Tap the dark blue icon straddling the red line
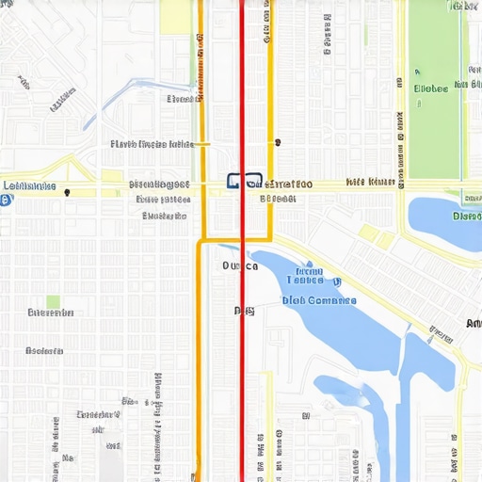[244, 181]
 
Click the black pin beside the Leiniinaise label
[68, 192]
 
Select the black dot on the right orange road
[278, 143]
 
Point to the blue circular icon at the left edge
[6, 201]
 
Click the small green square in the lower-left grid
[54, 302]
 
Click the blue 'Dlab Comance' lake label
[319, 300]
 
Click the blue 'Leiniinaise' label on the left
[29, 186]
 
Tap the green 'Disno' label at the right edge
[467, 216]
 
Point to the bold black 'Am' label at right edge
[473, 323]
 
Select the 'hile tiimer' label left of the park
[370, 182]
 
